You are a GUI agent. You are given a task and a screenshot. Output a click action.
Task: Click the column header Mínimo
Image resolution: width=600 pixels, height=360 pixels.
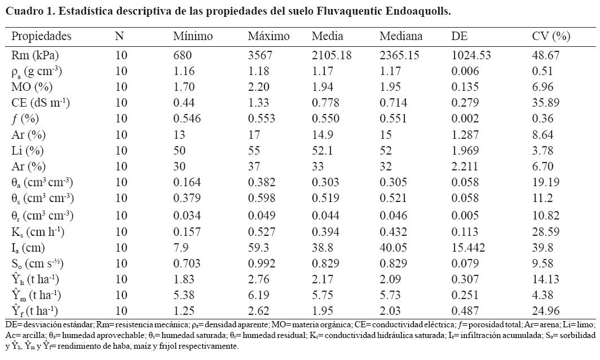[193, 37]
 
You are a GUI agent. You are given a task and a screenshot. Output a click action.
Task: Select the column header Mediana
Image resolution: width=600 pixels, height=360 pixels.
[401, 37]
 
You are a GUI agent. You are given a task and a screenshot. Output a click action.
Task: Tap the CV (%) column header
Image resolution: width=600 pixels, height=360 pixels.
[551, 37]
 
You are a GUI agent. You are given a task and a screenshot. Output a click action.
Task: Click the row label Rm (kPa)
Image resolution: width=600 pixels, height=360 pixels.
[35, 55]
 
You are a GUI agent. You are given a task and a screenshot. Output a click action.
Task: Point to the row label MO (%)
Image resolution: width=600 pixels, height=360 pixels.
[33, 87]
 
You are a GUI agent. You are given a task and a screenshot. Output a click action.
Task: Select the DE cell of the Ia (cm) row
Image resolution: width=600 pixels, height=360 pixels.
[466, 247]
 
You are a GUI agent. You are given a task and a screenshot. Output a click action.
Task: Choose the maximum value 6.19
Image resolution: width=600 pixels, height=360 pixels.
[258, 295]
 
